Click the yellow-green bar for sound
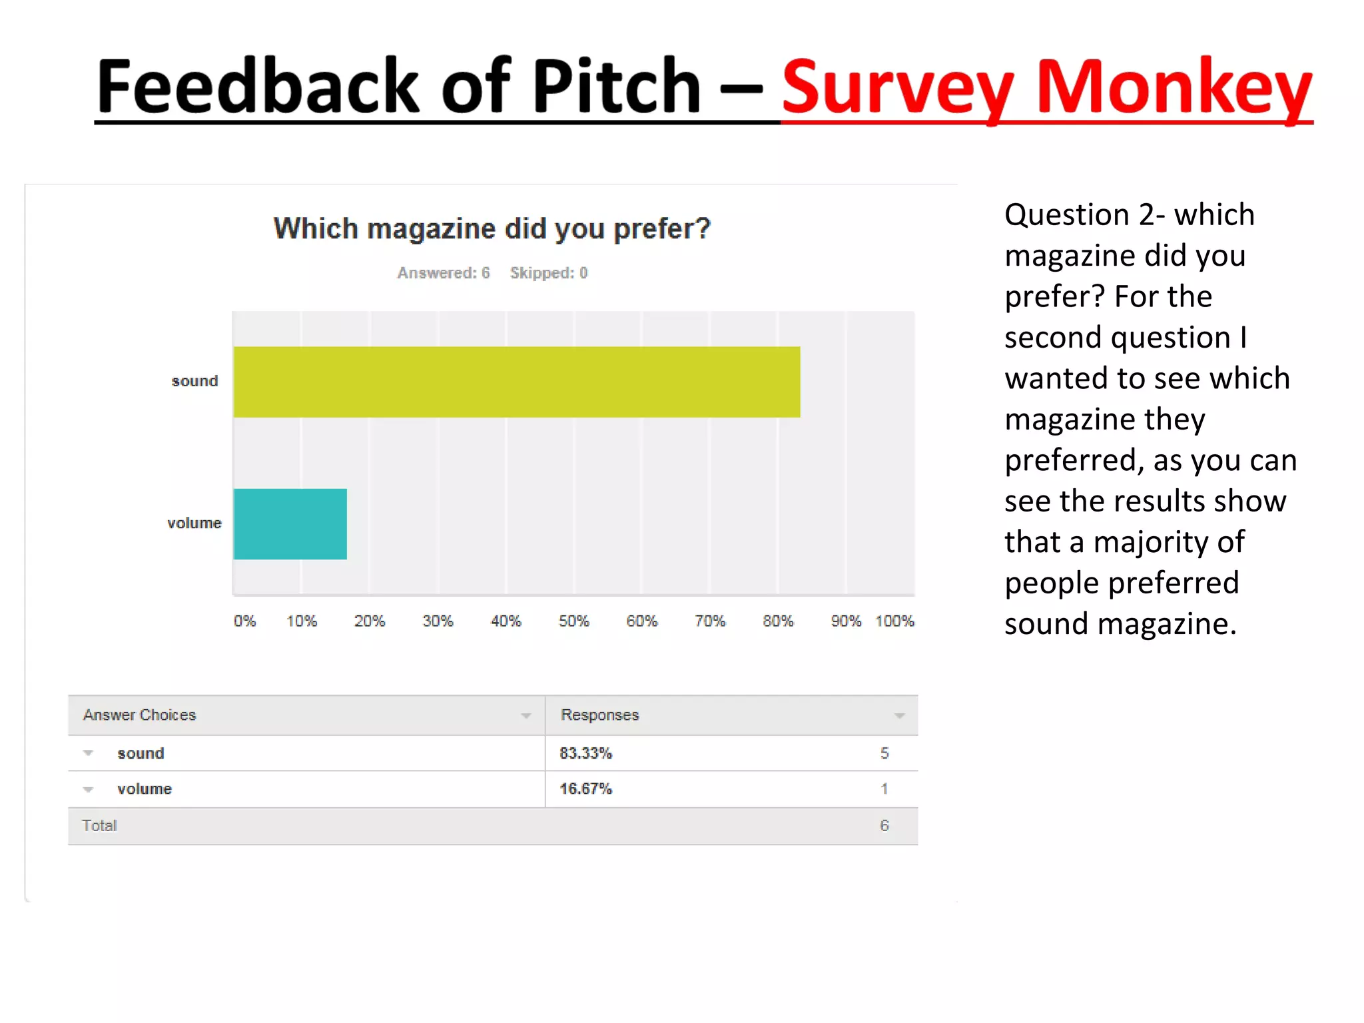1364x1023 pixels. (516, 382)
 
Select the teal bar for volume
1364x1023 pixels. (290, 524)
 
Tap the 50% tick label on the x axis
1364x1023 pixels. (573, 621)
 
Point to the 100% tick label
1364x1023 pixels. (894, 621)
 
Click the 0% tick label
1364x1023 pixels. (244, 621)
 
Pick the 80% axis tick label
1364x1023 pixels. (778, 621)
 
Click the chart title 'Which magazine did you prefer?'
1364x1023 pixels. (492, 229)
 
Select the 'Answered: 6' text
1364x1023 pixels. (444, 273)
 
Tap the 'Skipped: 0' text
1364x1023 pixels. (549, 273)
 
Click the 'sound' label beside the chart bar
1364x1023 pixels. (194, 381)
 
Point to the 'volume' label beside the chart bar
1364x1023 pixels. (194, 523)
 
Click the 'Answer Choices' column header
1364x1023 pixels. (140, 715)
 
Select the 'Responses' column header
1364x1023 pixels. (599, 715)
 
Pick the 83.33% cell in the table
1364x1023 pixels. (585, 753)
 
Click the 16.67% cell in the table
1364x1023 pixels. (585, 789)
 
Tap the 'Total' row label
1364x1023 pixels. (99, 826)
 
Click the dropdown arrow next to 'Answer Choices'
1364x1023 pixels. (525, 716)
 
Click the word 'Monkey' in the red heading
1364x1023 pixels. (1174, 87)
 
